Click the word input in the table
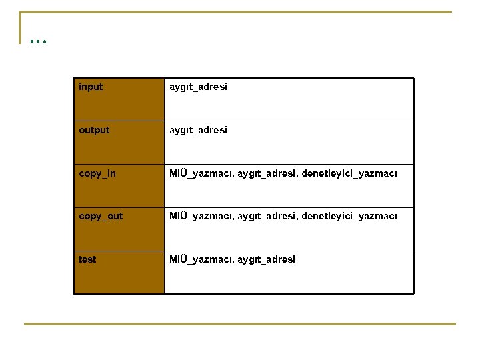(x=91, y=87)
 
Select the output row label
(x=94, y=130)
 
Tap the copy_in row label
(x=97, y=173)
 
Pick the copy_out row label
(x=101, y=216)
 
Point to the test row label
(x=87, y=259)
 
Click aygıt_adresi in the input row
(x=198, y=87)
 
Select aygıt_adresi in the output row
(x=198, y=130)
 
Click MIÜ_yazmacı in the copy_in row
(x=201, y=173)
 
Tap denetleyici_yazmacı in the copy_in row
(x=349, y=173)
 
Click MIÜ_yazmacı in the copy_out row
(x=201, y=216)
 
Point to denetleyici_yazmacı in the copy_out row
(x=349, y=216)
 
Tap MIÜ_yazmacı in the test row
(x=201, y=259)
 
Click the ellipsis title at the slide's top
(x=38, y=41)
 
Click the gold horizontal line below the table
(x=240, y=324)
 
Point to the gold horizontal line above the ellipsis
(x=236, y=12)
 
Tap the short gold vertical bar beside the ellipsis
(x=20, y=27)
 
